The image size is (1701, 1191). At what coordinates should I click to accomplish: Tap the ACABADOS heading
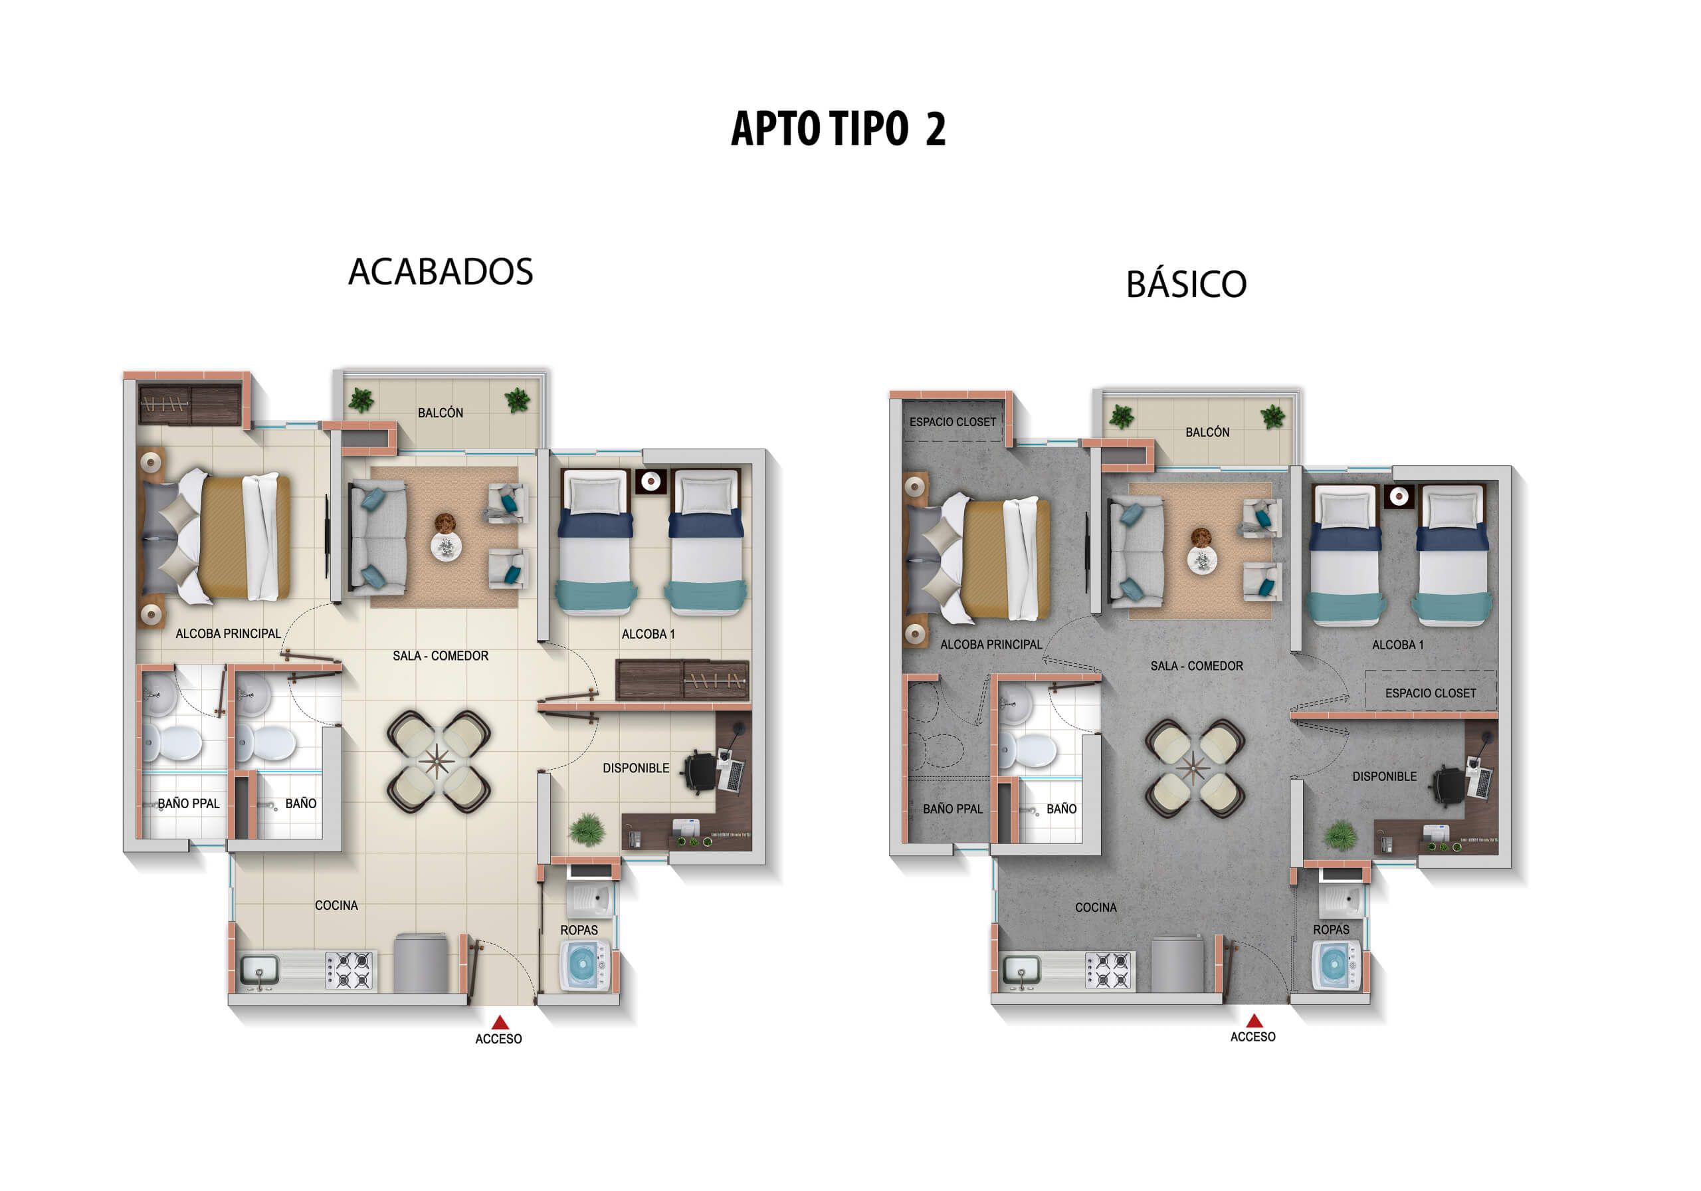point(440,271)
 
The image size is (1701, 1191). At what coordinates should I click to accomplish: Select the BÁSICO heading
point(1186,284)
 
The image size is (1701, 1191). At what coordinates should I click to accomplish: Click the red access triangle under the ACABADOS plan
point(500,1022)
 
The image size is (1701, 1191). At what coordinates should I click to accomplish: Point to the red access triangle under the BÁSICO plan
point(1254,1021)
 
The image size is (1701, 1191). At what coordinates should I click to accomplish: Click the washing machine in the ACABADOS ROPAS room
point(585,965)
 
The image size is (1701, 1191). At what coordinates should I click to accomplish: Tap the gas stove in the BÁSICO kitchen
point(1108,970)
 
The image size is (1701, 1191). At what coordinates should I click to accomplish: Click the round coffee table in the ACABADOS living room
point(446,547)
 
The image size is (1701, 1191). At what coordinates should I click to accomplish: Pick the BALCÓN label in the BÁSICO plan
point(1207,432)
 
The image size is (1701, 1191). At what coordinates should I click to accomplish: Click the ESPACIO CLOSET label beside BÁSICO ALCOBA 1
point(1430,693)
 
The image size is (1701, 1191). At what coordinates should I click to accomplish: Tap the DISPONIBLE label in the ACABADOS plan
point(636,768)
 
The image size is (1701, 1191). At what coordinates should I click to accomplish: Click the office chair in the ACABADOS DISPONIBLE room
point(700,771)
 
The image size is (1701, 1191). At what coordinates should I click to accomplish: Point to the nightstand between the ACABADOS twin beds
point(650,482)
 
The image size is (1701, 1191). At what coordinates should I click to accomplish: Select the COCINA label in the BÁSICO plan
point(1096,907)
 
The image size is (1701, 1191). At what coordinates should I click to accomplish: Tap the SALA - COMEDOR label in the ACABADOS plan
point(440,656)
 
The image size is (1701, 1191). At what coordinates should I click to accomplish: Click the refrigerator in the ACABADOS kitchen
point(420,963)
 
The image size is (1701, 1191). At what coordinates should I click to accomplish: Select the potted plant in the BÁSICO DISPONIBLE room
point(1340,835)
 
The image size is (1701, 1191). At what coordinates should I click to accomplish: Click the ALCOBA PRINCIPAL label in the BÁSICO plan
point(991,645)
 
